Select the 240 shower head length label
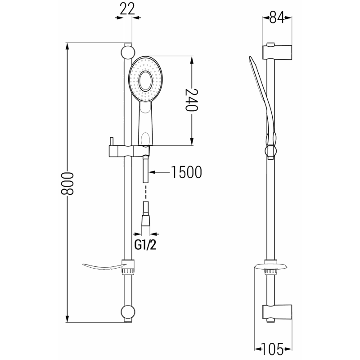tap(193, 100)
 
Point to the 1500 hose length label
tap(186, 172)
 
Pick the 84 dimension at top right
tap(277, 18)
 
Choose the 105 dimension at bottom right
tap(274, 348)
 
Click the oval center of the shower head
tap(146, 81)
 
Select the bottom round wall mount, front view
tap(128, 313)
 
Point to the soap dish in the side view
tap(270, 267)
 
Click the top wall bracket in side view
tap(277, 51)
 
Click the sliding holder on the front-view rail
tap(121, 151)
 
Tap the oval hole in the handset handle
tap(146, 138)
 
